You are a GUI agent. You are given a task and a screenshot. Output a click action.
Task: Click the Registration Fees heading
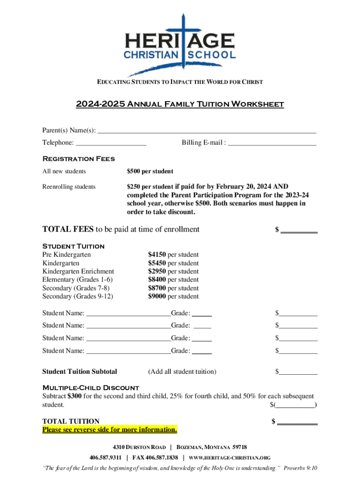pos(79,159)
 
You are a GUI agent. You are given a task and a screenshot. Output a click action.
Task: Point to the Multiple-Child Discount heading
pos(91,388)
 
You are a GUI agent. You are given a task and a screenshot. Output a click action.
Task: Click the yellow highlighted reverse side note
pos(110,429)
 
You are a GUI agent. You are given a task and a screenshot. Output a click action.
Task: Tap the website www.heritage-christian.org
pos(230,457)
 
